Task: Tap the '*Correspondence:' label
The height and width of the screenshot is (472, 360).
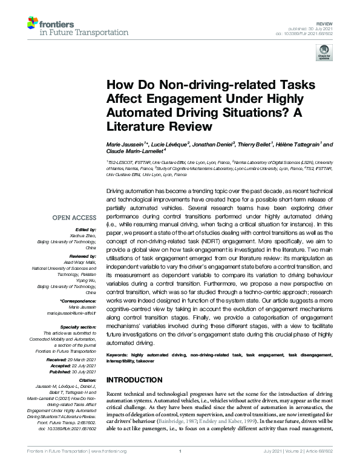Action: pyautogui.click(x=79, y=301)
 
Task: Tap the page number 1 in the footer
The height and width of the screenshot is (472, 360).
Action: pyautogui.click(x=180, y=468)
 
